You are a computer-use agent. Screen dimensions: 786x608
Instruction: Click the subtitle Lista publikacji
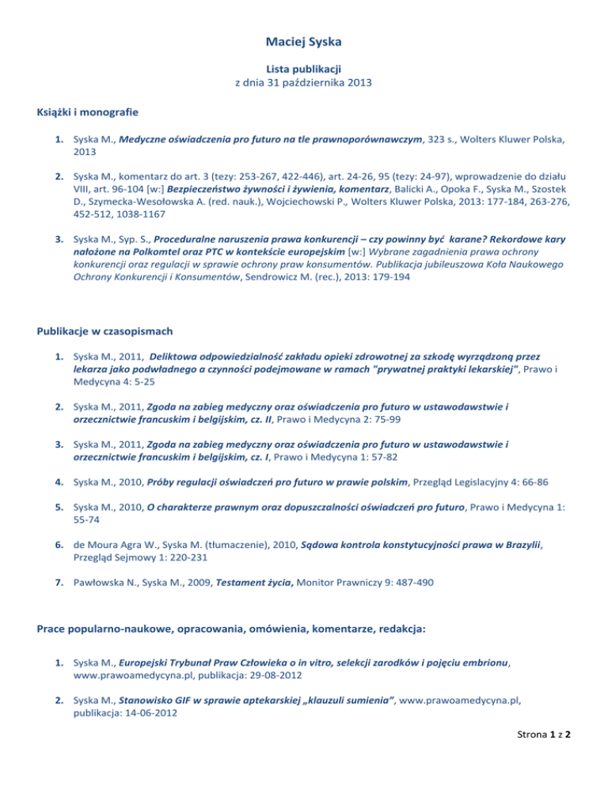(x=303, y=69)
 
